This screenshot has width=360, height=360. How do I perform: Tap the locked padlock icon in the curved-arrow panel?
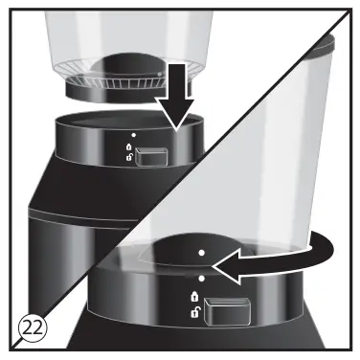coord(197,297)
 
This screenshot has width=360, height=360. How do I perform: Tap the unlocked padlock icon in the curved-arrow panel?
coord(197,314)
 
